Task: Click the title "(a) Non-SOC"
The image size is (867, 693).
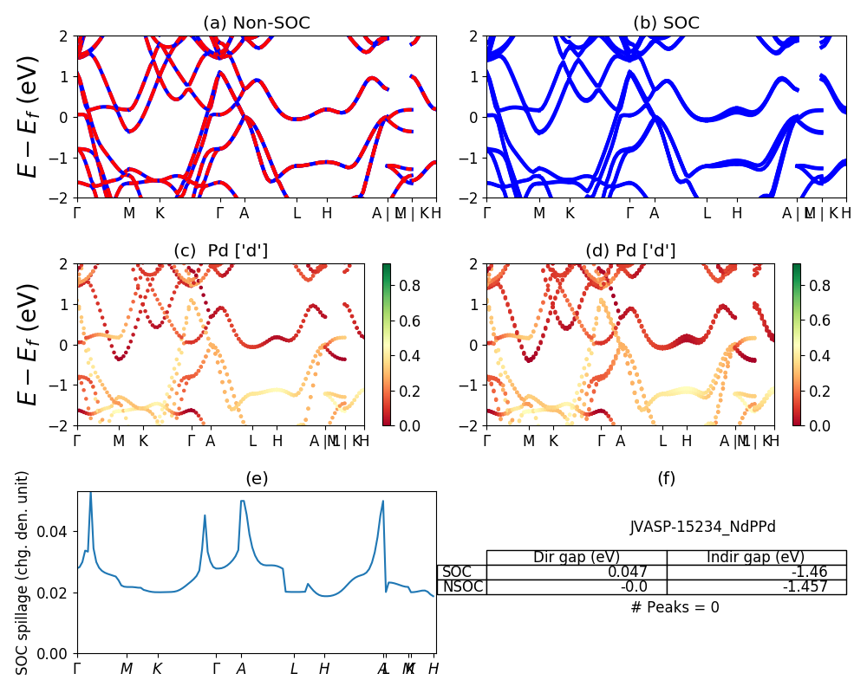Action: tap(256, 23)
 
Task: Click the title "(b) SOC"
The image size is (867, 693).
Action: tap(666, 23)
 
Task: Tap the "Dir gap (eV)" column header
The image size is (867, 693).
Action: tap(577, 557)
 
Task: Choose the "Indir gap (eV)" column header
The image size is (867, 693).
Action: tap(756, 557)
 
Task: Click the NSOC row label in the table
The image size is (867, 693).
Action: tap(461, 587)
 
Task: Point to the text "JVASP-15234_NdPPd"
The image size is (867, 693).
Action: tap(702, 527)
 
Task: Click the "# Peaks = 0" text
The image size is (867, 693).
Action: tap(675, 607)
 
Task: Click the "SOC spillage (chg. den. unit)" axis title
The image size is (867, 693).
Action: tap(23, 573)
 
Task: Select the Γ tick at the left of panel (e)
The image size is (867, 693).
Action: tap(77, 669)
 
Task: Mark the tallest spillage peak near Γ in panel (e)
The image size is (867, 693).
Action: tap(90, 494)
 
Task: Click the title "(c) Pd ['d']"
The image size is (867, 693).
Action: tap(220, 251)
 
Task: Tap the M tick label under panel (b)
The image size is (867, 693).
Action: tap(538, 213)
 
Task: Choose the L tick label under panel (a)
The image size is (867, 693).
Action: tap(297, 213)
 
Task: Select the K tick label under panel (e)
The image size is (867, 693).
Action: tap(157, 669)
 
